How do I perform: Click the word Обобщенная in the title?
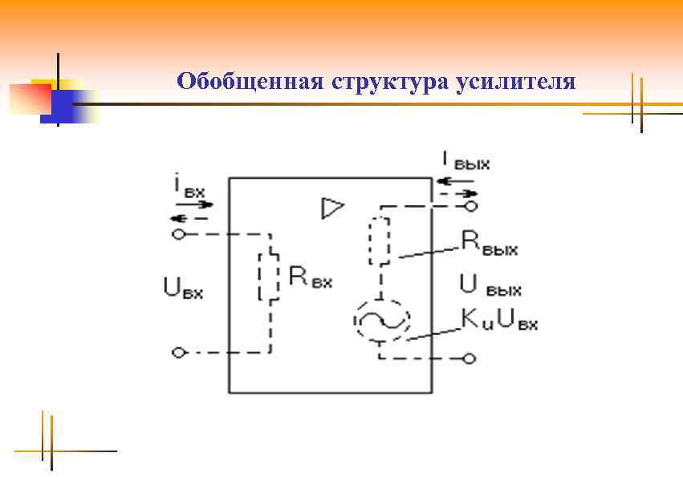(248, 82)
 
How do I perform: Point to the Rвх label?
(310, 277)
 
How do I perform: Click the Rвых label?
(490, 244)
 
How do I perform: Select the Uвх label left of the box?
(183, 288)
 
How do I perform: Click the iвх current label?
(189, 188)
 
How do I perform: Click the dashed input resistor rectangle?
(269, 277)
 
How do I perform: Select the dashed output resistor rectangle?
(380, 239)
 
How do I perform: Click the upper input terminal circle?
(179, 235)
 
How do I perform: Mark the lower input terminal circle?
(179, 352)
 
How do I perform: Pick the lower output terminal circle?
(471, 358)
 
